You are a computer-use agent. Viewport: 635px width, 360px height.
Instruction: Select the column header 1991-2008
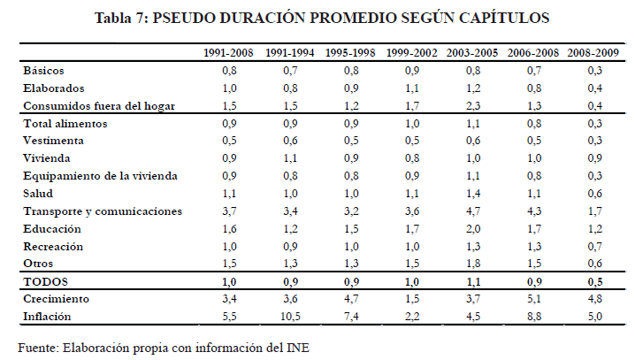click(229, 53)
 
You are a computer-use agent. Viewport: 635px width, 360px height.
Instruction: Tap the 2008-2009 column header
click(595, 53)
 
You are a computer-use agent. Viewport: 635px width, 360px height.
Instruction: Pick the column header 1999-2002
click(412, 53)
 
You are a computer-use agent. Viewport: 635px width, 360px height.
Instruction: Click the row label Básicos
click(43, 70)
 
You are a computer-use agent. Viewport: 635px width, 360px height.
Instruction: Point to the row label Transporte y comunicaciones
click(103, 211)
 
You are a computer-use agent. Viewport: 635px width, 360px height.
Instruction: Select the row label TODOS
click(45, 282)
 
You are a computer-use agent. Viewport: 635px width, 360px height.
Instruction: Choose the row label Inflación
click(47, 316)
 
